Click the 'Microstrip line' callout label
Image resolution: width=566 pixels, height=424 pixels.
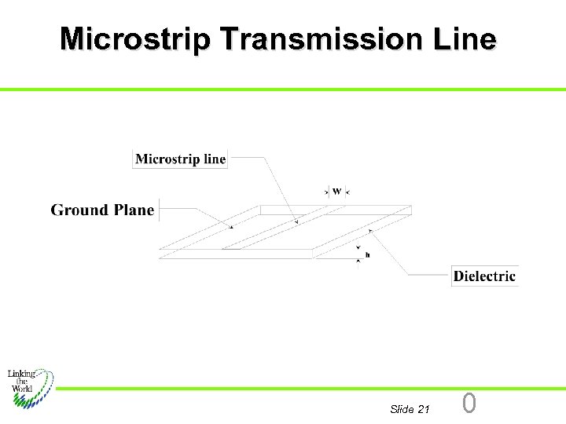tap(180, 159)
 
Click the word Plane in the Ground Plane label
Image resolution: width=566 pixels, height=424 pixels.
tap(134, 210)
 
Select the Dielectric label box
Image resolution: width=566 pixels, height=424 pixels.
tap(484, 276)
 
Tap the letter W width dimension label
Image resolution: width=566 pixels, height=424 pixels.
tap(336, 191)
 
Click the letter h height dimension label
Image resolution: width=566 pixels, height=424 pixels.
tap(367, 255)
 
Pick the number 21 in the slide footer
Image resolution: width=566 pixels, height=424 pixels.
tap(424, 409)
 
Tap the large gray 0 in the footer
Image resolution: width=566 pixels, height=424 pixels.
tap(469, 404)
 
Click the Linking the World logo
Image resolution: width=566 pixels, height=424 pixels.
tap(30, 386)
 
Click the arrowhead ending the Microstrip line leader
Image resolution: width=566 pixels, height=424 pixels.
tap(296, 221)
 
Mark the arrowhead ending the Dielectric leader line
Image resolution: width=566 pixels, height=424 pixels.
tap(369, 229)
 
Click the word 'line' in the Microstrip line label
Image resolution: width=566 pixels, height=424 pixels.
tap(215, 159)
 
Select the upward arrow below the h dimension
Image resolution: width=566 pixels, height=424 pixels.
tap(358, 261)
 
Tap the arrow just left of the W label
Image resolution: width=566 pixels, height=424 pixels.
tap(326, 191)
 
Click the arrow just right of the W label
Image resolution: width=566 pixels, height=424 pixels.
tap(347, 191)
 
